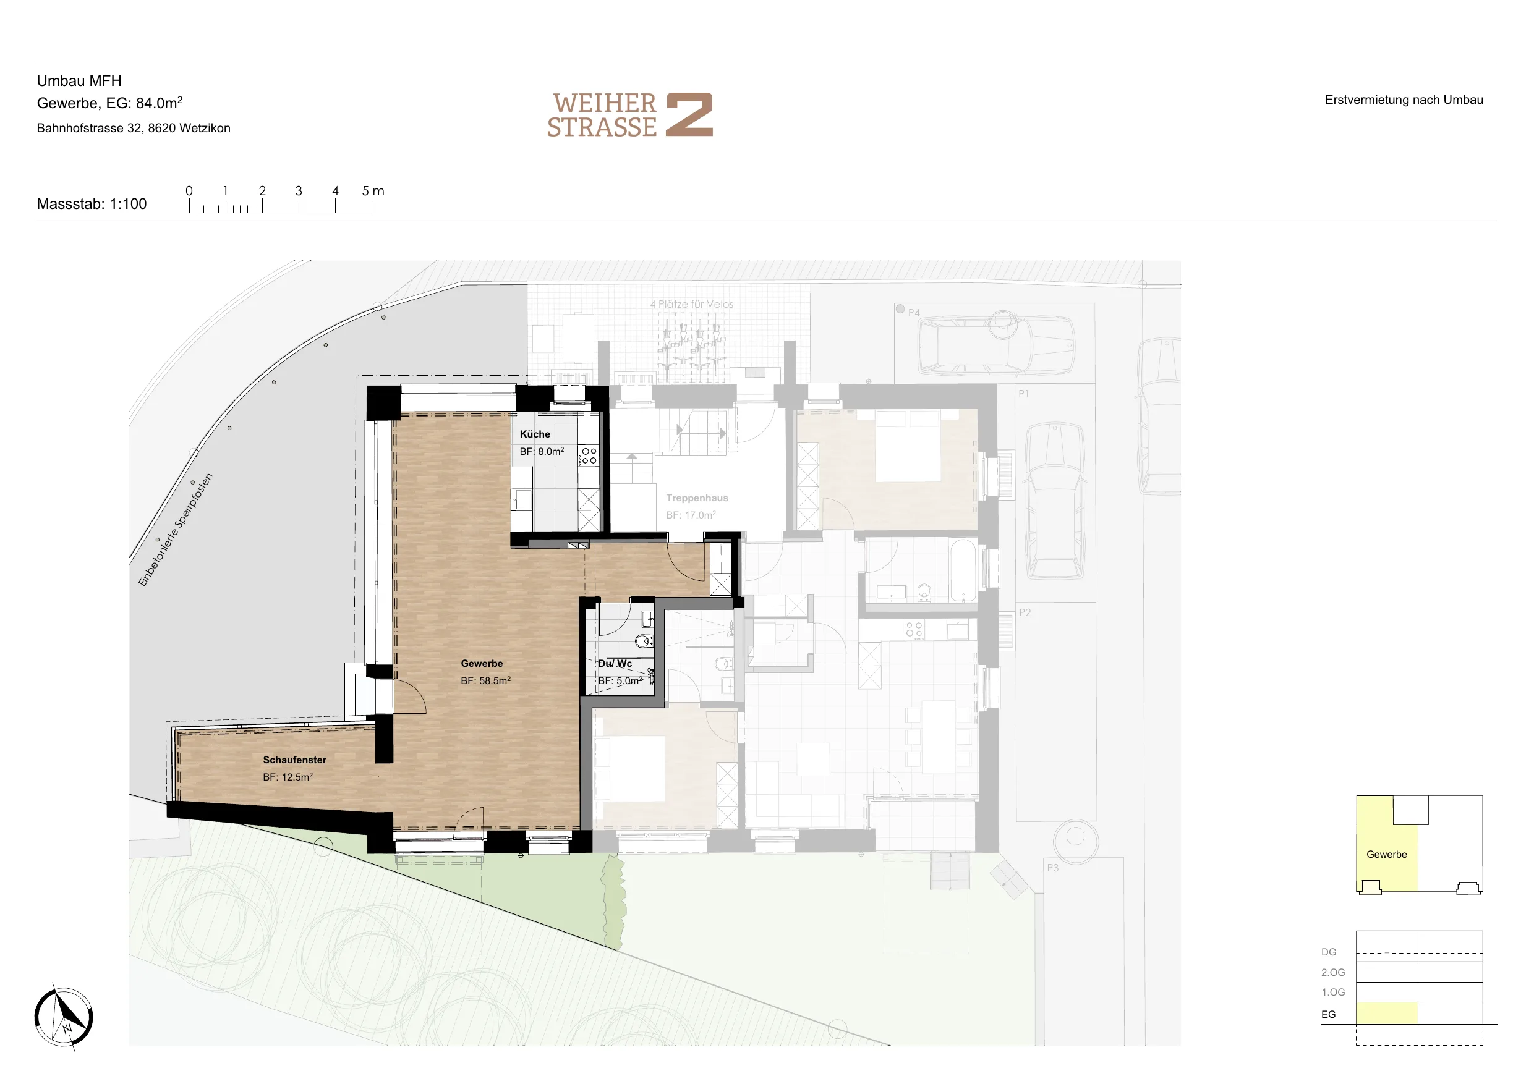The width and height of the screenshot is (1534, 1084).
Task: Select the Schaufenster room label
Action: [x=295, y=760]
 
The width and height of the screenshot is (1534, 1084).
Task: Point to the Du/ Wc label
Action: [x=615, y=663]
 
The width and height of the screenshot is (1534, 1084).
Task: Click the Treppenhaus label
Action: [x=697, y=498]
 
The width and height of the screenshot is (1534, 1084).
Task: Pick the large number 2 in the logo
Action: [x=689, y=114]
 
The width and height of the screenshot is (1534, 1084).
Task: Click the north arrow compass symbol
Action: [x=64, y=1017]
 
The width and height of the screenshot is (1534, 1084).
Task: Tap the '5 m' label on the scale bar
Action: [x=373, y=191]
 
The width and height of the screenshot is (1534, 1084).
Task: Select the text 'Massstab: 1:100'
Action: [x=92, y=205]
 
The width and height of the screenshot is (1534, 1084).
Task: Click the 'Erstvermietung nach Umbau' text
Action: [x=1404, y=100]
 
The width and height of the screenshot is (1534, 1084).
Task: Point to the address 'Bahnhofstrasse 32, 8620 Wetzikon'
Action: [x=134, y=128]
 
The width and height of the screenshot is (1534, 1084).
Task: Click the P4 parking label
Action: [x=913, y=313]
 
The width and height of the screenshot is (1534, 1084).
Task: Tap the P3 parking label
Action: [x=1052, y=868]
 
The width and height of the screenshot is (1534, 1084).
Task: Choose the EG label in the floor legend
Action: [x=1328, y=1014]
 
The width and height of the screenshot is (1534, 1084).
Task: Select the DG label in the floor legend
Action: [x=1329, y=952]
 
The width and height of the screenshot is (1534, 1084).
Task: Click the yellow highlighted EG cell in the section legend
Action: [x=1386, y=1013]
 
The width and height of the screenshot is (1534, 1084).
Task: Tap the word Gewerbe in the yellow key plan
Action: [x=1386, y=854]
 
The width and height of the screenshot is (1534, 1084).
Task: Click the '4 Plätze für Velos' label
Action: [x=691, y=304]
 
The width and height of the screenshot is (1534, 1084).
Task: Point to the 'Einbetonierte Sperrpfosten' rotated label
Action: [x=176, y=530]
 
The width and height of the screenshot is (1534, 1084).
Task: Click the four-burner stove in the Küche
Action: [x=589, y=455]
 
